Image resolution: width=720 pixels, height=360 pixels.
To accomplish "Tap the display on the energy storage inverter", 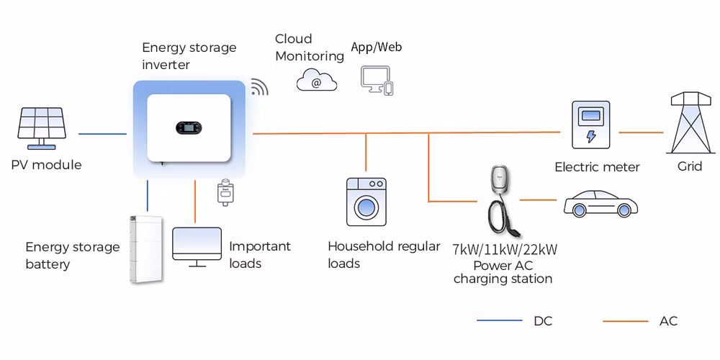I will (189, 129).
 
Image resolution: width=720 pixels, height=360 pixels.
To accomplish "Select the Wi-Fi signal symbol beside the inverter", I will (258, 88).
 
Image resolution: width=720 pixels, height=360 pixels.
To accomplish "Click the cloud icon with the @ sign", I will (317, 80).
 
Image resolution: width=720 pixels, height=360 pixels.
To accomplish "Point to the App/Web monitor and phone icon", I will (377, 81).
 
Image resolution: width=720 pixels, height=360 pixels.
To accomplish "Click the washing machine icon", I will (366, 203).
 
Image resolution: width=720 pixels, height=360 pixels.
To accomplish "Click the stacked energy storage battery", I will (143, 248).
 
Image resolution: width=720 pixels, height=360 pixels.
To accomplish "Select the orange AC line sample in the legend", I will (625, 320).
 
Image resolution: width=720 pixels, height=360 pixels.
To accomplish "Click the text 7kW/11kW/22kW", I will (504, 250).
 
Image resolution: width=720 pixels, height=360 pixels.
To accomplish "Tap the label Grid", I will (689, 166).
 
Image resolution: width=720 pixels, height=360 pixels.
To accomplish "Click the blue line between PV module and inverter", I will (102, 134).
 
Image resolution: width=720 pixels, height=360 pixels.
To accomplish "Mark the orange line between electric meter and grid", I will (641, 132).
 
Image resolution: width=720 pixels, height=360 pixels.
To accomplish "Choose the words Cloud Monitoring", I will (310, 48).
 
